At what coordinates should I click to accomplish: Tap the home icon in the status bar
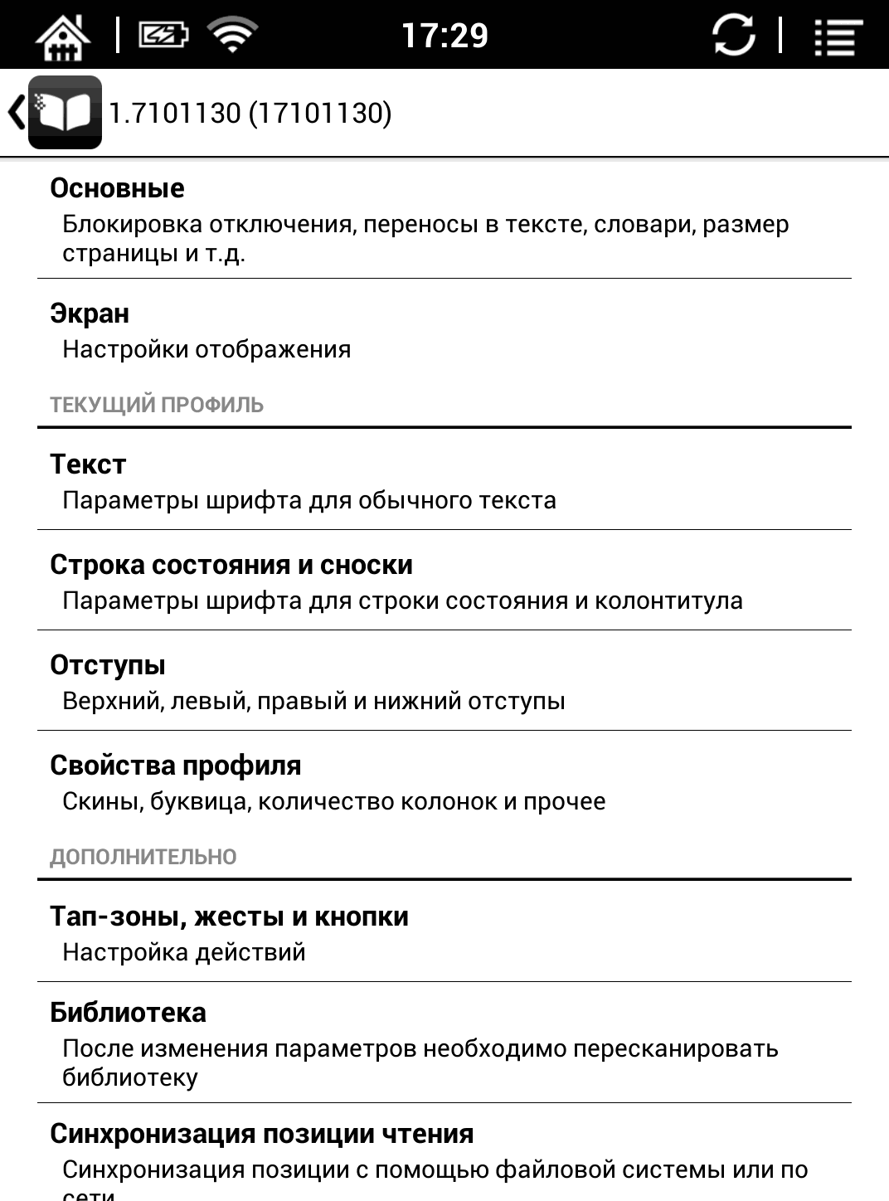(63, 36)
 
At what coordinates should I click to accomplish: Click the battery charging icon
(163, 36)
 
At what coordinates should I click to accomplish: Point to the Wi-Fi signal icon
(232, 36)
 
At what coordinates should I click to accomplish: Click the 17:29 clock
(444, 36)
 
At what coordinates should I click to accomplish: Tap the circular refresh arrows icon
(734, 36)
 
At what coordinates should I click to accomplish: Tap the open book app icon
(65, 113)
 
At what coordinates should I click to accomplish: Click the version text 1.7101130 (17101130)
(250, 113)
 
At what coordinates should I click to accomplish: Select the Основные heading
(117, 188)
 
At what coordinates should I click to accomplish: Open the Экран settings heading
(90, 314)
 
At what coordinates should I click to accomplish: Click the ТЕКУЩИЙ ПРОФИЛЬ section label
(157, 405)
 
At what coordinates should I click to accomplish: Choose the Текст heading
(88, 464)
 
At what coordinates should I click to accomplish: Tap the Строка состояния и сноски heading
(231, 565)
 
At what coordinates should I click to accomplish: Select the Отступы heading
(108, 665)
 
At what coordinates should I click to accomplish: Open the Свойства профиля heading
(176, 766)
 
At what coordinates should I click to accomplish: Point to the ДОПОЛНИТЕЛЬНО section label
(143, 857)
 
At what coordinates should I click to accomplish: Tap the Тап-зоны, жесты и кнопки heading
(229, 917)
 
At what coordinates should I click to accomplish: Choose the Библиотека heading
(128, 1013)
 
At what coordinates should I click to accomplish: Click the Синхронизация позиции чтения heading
(262, 1134)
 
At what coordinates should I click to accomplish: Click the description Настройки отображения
(206, 349)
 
